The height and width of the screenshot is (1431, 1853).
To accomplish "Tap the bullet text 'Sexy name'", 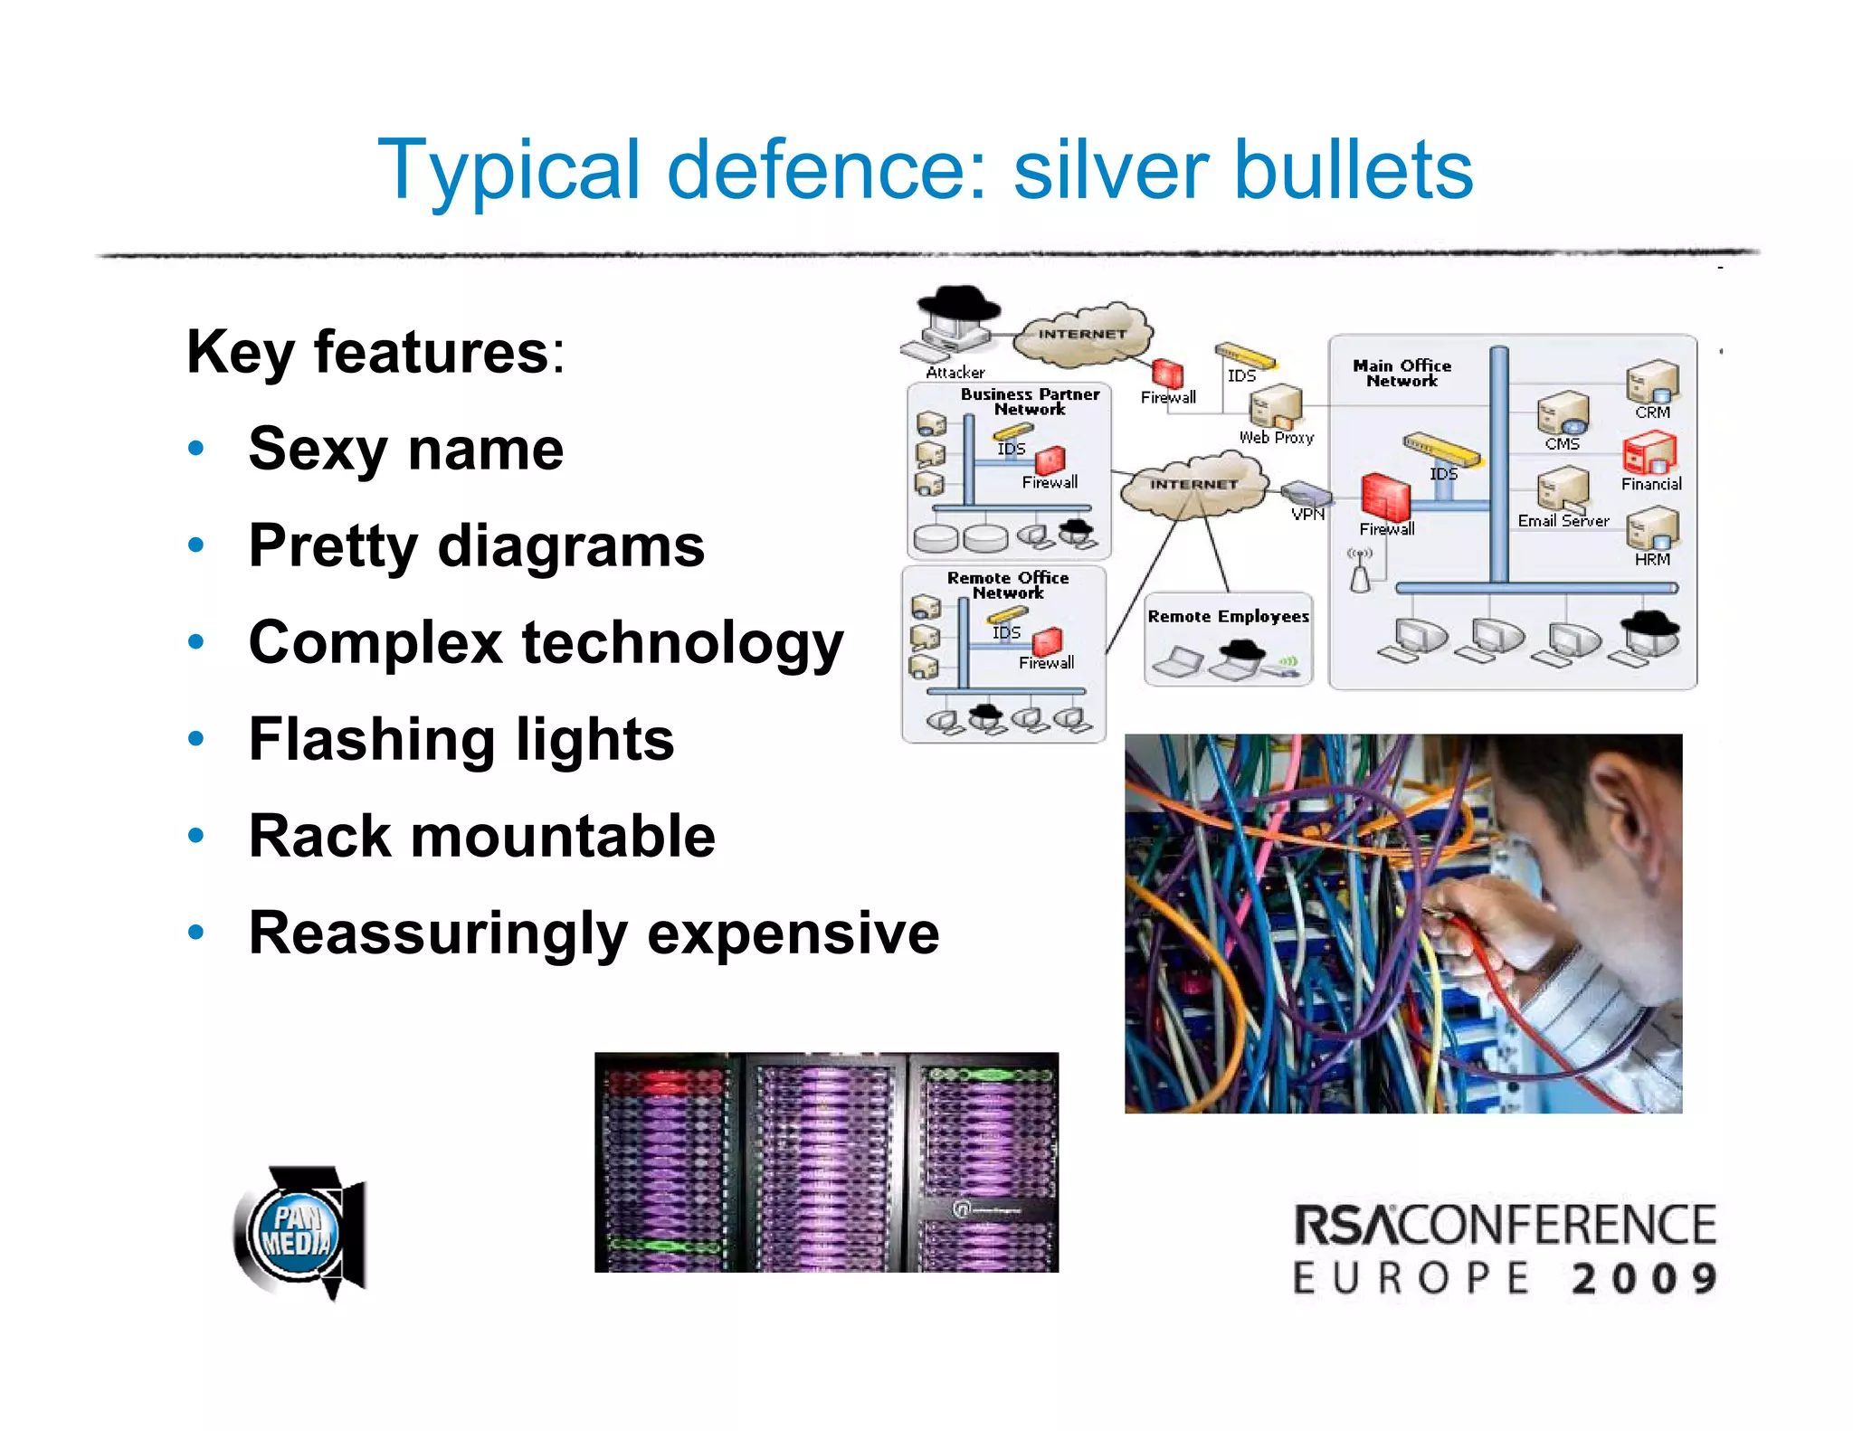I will click(405, 450).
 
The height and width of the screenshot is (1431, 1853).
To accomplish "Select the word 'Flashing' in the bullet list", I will click(371, 740).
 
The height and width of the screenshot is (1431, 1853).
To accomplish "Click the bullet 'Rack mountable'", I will click(481, 836).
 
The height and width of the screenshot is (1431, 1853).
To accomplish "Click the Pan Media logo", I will click(299, 1232).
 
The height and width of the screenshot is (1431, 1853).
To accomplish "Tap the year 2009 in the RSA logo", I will click(1643, 1279).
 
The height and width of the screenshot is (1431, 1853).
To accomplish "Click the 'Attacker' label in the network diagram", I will click(955, 372).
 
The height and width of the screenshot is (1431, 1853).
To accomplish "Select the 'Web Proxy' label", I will click(1276, 438).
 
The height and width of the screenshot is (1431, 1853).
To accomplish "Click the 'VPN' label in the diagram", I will click(1307, 515).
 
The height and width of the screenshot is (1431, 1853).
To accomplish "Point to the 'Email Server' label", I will click(1563, 521).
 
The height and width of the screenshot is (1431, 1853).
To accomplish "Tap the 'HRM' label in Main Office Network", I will click(1651, 560).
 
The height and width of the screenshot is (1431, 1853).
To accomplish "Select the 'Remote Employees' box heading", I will click(1228, 617).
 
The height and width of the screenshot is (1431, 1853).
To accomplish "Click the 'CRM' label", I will click(1652, 412).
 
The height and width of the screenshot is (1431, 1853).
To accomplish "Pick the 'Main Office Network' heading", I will click(1402, 373).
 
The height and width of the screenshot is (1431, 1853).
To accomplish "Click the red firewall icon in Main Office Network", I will click(1385, 496).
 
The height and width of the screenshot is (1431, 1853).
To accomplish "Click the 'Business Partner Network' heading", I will click(1030, 401).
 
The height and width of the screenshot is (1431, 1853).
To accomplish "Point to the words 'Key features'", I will click(367, 352).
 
